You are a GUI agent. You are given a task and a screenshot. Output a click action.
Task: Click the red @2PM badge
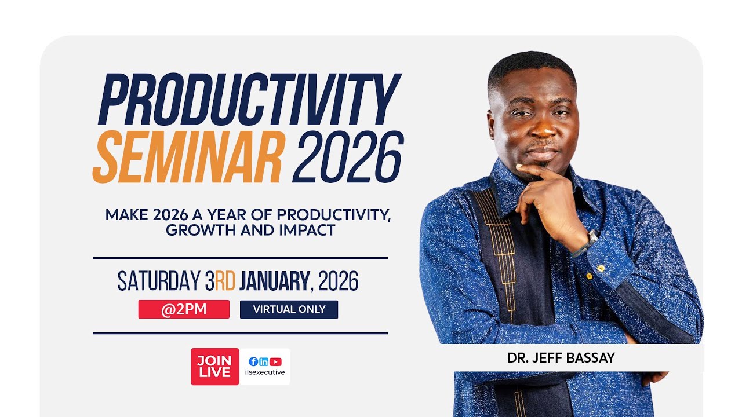click(x=184, y=309)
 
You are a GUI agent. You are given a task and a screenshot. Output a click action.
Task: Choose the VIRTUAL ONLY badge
click(x=289, y=309)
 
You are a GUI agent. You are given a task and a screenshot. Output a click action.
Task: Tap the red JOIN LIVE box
click(x=214, y=367)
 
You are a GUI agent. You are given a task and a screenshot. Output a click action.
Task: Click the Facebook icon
click(x=253, y=361)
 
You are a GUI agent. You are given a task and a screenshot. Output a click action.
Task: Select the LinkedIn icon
click(x=264, y=361)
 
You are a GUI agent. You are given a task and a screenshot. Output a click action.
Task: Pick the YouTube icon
click(x=275, y=361)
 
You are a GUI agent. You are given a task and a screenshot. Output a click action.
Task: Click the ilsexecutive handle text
click(x=265, y=372)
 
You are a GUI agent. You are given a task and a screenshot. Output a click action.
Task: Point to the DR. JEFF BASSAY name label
click(x=561, y=358)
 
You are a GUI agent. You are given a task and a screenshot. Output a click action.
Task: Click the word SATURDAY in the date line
click(x=158, y=281)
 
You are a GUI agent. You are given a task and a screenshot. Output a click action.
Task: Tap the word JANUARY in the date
click(x=274, y=281)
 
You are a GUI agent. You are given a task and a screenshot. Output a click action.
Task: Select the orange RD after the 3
click(x=225, y=281)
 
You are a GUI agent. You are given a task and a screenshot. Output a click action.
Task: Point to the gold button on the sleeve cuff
click(x=601, y=268)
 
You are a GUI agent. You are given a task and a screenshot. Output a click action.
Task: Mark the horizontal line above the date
click(x=240, y=258)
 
